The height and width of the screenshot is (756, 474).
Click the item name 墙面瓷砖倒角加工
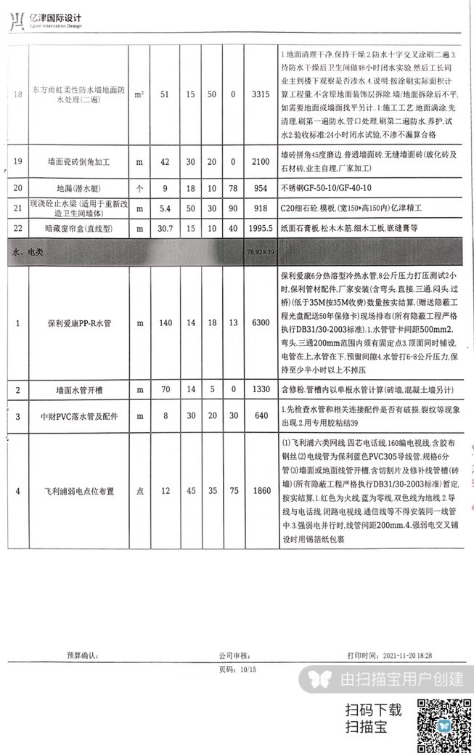75,160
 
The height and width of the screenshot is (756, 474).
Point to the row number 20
17,187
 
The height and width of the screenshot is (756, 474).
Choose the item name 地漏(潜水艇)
75,187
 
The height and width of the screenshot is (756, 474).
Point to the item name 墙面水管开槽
75,390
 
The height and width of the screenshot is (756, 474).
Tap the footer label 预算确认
81,655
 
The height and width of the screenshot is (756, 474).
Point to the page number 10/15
237,669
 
